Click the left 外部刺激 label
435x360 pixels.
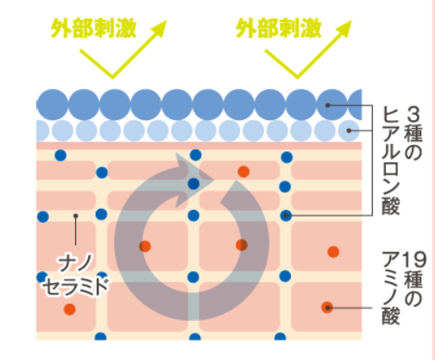click(93, 28)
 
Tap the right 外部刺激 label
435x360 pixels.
click(279, 28)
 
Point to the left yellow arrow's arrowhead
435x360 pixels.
click(159, 28)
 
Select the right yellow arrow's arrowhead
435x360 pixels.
click(344, 28)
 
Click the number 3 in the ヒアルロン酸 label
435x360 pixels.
click(413, 114)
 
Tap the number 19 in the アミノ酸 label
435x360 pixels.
click(413, 260)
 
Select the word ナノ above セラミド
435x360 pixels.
click(76, 262)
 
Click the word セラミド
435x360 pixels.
click(76, 286)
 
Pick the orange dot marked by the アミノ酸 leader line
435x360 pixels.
click(327, 307)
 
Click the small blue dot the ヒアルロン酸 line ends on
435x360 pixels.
click(286, 215)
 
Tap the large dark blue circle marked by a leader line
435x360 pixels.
click(332, 104)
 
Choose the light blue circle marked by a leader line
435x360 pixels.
click(349, 130)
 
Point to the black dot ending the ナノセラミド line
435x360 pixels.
click(76, 216)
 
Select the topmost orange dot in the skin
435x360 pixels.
click(243, 172)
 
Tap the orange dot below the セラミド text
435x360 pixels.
click(70, 309)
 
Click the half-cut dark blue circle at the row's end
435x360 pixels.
click(355, 104)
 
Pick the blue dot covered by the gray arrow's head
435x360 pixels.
click(193, 184)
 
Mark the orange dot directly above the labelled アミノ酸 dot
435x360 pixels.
click(333, 252)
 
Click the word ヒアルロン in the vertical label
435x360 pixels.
click(391, 149)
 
